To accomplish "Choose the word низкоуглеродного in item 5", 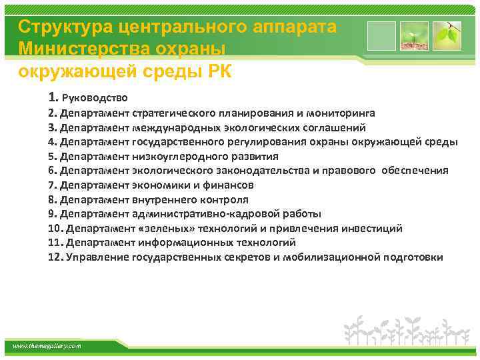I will pos(174,156).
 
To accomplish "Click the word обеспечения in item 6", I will pos(415,171).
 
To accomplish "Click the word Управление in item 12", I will pos(96,257).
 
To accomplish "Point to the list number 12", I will pos(55,257).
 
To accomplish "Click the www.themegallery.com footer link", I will pos(47,346).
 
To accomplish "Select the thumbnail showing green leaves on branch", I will pos(445,35).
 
